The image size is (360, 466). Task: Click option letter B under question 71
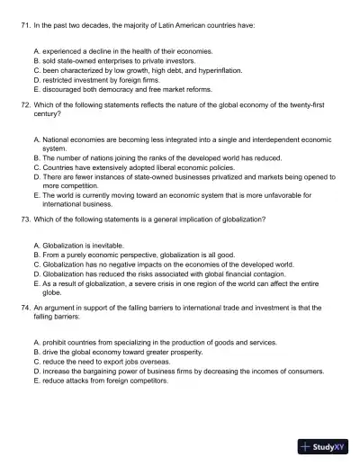(36, 60)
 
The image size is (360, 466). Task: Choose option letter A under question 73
(36, 246)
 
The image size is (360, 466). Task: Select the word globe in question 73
(52, 292)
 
